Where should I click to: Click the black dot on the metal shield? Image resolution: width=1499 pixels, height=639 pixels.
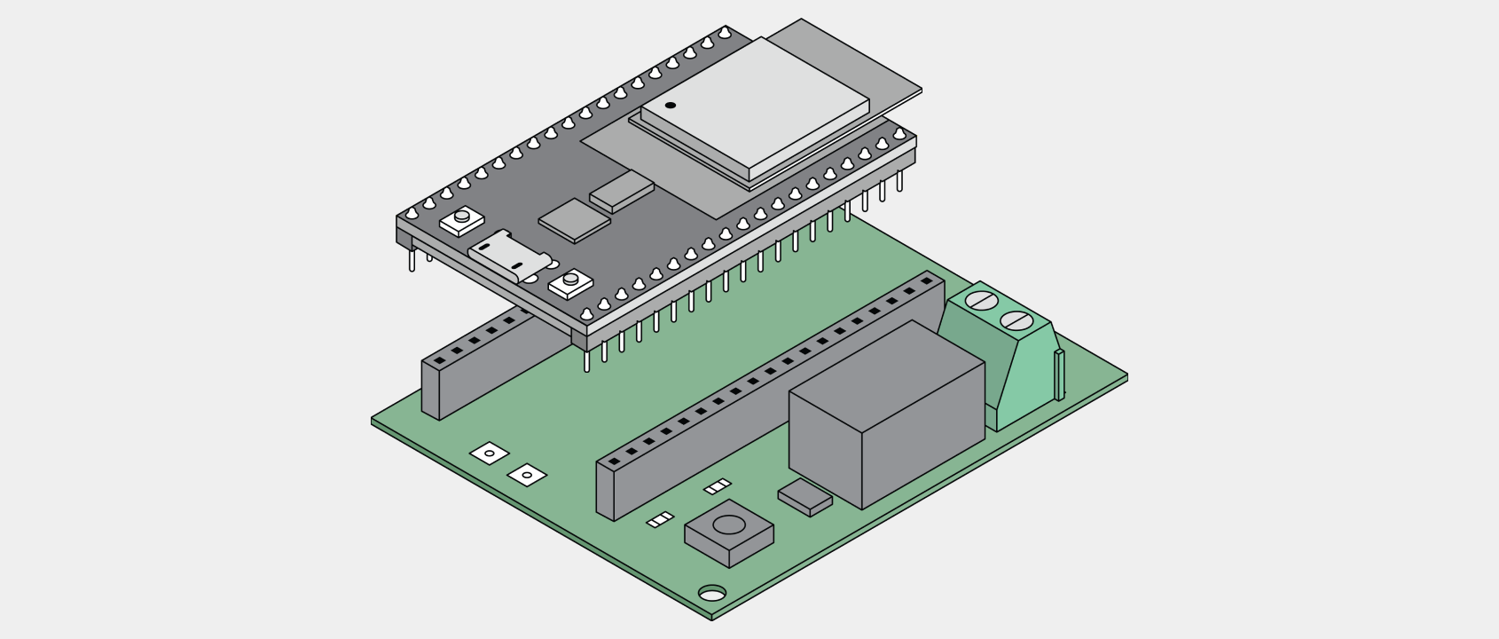pos(671,106)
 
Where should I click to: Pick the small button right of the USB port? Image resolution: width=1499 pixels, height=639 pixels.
pos(569,283)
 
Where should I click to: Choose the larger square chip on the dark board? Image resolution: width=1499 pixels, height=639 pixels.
pos(574,218)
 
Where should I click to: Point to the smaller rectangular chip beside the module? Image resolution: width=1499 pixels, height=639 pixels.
pos(621,190)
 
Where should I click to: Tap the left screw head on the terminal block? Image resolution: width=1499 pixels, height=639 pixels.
pos(979,300)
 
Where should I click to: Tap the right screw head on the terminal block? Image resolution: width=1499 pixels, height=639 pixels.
pos(1017,320)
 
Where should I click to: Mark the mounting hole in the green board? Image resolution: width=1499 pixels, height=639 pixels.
pos(711,593)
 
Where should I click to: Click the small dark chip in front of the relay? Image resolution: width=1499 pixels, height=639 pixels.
pos(804,496)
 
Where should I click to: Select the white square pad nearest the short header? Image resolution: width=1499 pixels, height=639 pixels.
pos(489,454)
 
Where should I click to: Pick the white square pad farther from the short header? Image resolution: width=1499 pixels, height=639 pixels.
pos(527,476)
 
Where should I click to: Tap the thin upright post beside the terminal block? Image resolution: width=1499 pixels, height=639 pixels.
pos(1059,374)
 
